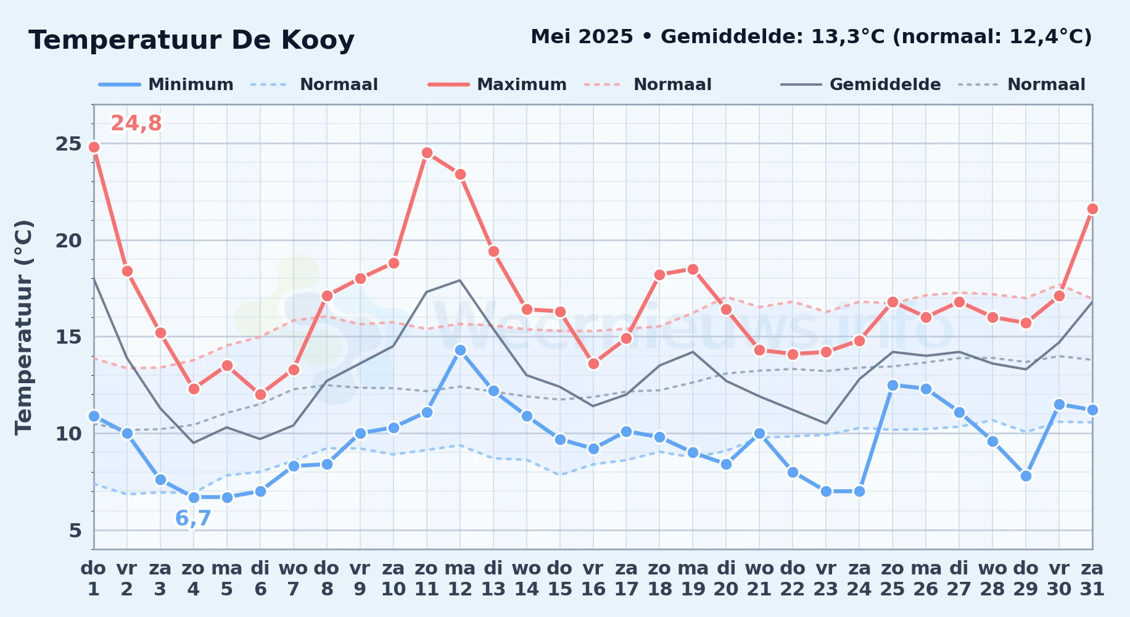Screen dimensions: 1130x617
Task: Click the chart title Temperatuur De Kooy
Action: (x=192, y=40)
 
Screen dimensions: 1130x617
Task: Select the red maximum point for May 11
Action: (x=427, y=153)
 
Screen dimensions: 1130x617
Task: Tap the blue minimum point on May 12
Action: (x=460, y=350)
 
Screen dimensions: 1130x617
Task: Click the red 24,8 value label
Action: (x=136, y=123)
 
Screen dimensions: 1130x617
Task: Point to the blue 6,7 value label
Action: (x=193, y=518)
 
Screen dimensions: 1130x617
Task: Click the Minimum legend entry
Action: (x=166, y=85)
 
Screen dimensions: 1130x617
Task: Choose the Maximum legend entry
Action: (x=497, y=85)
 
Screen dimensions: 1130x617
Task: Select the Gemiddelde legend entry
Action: (x=861, y=85)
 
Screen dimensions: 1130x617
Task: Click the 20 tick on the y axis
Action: (x=68, y=240)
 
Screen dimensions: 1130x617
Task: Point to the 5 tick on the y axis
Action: (x=75, y=530)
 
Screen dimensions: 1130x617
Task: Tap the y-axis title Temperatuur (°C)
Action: (x=23, y=327)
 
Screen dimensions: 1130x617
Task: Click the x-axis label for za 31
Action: (x=1092, y=578)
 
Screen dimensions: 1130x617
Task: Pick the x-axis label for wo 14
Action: (x=527, y=578)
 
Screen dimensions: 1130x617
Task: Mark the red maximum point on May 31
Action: (x=1092, y=209)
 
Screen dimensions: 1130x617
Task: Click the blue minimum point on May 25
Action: (x=893, y=385)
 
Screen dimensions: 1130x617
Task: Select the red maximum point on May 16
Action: (x=593, y=363)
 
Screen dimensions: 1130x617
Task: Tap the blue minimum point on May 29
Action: (x=1026, y=476)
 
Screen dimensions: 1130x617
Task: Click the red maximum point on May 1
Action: (x=94, y=147)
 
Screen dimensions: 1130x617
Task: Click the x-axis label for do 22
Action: (x=793, y=578)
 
